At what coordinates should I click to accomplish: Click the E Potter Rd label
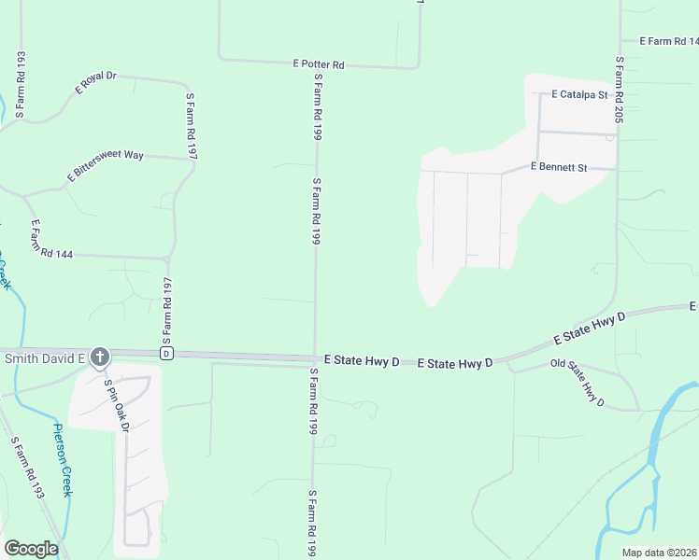pyautogui.click(x=319, y=64)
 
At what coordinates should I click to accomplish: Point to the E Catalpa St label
pyautogui.click(x=579, y=95)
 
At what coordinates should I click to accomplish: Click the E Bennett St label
pyautogui.click(x=558, y=168)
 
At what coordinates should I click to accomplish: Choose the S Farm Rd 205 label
pyautogui.click(x=619, y=90)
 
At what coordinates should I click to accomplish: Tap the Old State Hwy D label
pyautogui.click(x=578, y=382)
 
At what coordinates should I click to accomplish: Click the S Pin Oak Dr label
pyautogui.click(x=115, y=405)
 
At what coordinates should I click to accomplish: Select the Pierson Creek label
pyautogui.click(x=62, y=460)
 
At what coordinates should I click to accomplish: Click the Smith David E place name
pyautogui.click(x=44, y=357)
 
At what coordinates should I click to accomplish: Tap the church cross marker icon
pyautogui.click(x=100, y=357)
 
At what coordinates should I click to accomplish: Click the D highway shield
pyautogui.click(x=166, y=354)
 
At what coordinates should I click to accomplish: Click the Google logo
pyautogui.click(x=31, y=549)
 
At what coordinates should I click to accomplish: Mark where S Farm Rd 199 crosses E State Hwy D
pyautogui.click(x=315, y=357)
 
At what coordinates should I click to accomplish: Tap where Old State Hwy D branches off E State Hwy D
pyautogui.click(x=507, y=360)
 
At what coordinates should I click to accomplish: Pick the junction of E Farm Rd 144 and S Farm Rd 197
pyautogui.click(x=169, y=257)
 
